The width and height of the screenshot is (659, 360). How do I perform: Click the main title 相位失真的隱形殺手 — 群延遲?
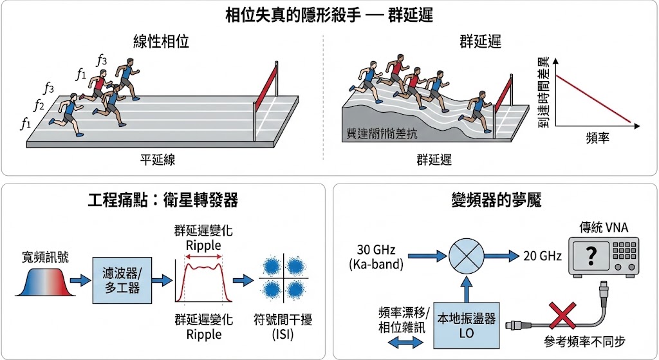[x=329, y=15]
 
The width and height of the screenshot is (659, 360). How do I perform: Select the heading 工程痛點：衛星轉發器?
[x=163, y=200]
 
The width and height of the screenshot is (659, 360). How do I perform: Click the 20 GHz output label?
[x=543, y=256]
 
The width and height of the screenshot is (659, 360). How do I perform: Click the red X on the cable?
[x=562, y=317]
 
